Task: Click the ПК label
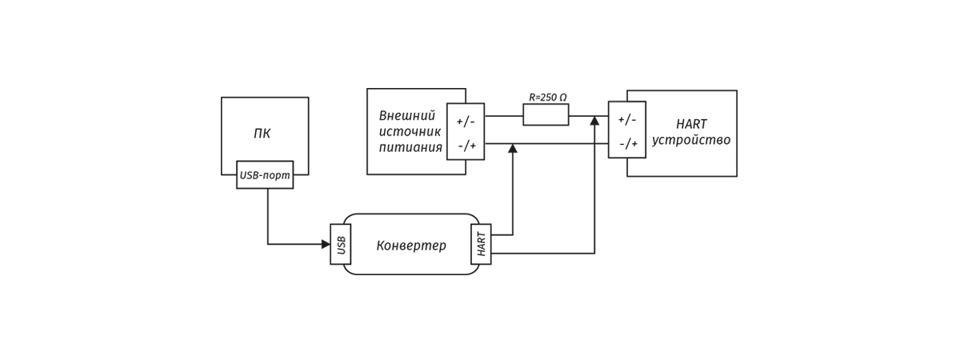coord(262,134)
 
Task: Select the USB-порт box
coord(265,175)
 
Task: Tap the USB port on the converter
coord(341,244)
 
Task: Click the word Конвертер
coord(411,246)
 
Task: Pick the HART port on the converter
coord(481,244)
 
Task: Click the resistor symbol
coord(546,115)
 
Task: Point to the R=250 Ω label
coord(547,98)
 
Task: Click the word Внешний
coord(407,116)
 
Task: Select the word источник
coord(410,131)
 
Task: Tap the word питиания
coord(410,147)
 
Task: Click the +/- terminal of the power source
coord(466,122)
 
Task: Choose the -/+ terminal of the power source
coord(466,146)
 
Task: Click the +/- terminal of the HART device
coord(627,119)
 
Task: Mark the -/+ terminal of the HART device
coord(628,144)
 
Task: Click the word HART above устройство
coord(691,124)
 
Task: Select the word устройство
coord(691,141)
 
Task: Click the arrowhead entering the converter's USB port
coord(326,244)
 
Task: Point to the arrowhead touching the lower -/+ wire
coord(513,149)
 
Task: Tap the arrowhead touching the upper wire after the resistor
coord(594,121)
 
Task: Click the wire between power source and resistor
coord(503,116)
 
